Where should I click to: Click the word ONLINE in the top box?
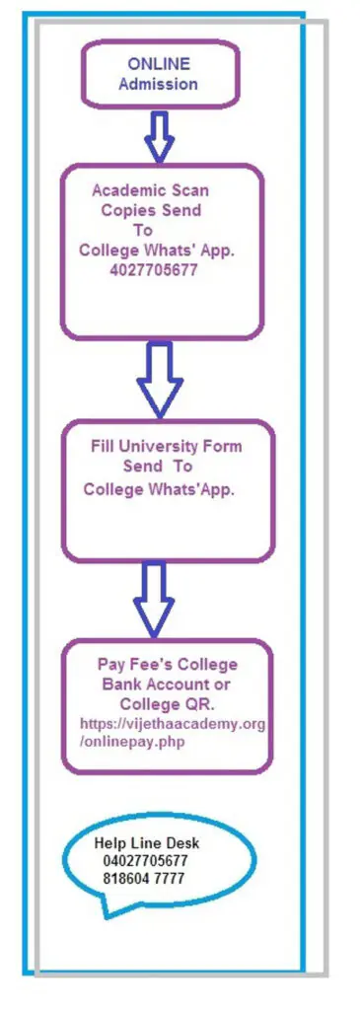(159, 64)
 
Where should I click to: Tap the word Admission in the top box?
(158, 84)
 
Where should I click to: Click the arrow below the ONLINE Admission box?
(160, 136)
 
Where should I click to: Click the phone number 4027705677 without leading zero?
(153, 271)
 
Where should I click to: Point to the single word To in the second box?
(142, 230)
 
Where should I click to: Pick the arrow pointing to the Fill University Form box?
(160, 380)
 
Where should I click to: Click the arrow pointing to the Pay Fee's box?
(154, 599)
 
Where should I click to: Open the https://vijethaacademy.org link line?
(173, 723)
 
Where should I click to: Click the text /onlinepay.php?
(132, 743)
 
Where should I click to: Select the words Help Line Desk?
(147, 843)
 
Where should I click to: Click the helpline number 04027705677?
(145, 861)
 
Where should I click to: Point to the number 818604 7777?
(143, 878)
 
